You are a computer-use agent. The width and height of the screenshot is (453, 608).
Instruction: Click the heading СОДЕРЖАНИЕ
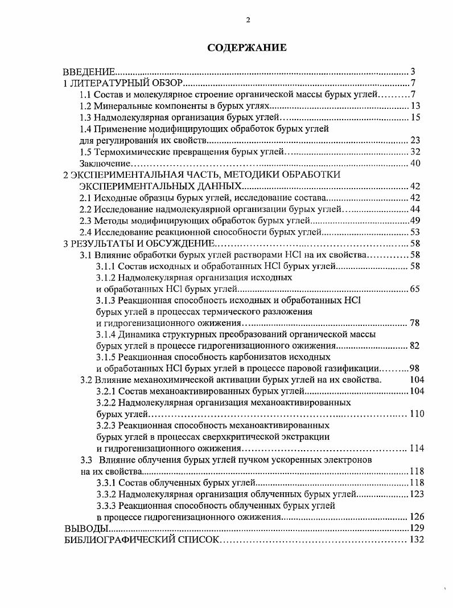(246, 47)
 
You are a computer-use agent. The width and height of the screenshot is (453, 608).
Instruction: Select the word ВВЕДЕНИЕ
(89, 72)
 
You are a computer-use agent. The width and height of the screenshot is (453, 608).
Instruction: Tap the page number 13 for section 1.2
(415, 106)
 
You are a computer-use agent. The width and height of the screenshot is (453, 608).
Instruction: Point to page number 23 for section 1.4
(415, 140)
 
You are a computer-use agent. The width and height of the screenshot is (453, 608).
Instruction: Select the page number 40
(415, 164)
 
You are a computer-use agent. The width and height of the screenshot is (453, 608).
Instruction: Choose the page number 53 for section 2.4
(415, 232)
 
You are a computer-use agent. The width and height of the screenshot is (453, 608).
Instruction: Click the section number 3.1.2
(106, 278)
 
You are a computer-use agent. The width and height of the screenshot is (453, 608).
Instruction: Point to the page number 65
(415, 289)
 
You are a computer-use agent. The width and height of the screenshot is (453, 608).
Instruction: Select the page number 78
(415, 323)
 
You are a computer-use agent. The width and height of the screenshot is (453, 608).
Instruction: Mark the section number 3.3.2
(106, 494)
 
